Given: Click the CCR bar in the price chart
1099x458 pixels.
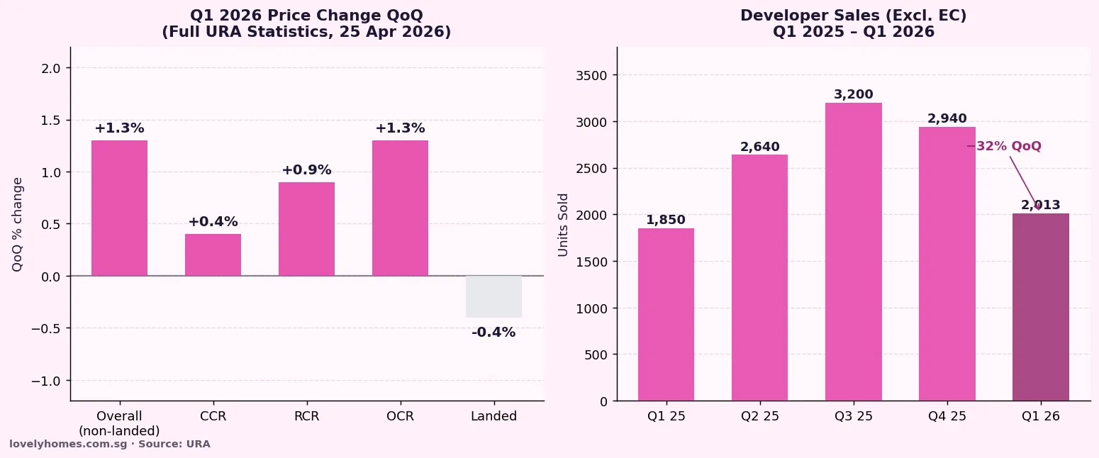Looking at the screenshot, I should point(213,255).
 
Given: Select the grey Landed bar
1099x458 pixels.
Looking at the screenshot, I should point(493,296).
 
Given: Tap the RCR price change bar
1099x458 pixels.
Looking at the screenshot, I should point(306,229).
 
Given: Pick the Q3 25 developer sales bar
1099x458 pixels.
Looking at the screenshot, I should point(853,252).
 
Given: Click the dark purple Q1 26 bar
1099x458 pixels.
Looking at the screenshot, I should point(1040,307).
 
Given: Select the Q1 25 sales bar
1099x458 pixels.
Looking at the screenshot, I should point(666,314).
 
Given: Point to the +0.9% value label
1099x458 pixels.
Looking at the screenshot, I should point(306,170).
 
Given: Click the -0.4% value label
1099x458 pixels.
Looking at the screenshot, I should point(493,333).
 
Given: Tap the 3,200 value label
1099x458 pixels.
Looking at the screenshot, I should point(853,94).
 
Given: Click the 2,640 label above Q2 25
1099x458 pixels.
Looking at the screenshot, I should point(759,147).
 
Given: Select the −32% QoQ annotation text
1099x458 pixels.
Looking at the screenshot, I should point(1004,146).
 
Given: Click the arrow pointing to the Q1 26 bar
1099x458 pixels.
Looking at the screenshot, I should point(1025,182).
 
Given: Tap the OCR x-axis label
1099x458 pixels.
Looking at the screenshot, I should point(400,416).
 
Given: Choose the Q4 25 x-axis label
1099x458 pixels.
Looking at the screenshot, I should point(947,416).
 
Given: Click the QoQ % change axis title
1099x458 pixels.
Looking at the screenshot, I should point(18,224).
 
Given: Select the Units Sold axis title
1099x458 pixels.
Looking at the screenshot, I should point(564,224).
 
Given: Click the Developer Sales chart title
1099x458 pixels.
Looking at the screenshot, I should point(853,23).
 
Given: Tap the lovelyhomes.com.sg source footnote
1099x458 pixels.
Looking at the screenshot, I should point(110,444).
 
